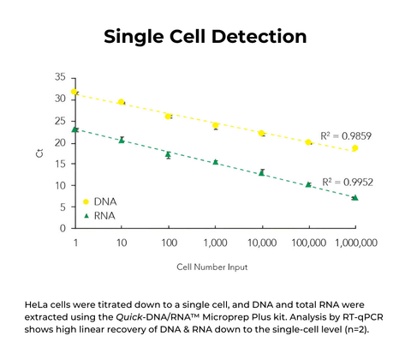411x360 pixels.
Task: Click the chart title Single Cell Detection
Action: tap(205, 37)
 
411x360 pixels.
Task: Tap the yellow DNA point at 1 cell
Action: tap(75, 92)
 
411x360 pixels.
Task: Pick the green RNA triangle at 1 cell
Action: tap(75, 129)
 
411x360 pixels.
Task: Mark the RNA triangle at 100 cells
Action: tap(169, 155)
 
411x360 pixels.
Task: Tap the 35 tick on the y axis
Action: tap(61, 77)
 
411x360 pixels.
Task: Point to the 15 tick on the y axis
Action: tap(61, 164)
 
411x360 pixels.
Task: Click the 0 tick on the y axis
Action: tap(63, 229)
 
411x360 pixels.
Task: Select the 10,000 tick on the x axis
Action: tap(261, 243)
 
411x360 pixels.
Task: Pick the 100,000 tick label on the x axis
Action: tap(307, 243)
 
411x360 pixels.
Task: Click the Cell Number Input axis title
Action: tap(214, 267)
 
